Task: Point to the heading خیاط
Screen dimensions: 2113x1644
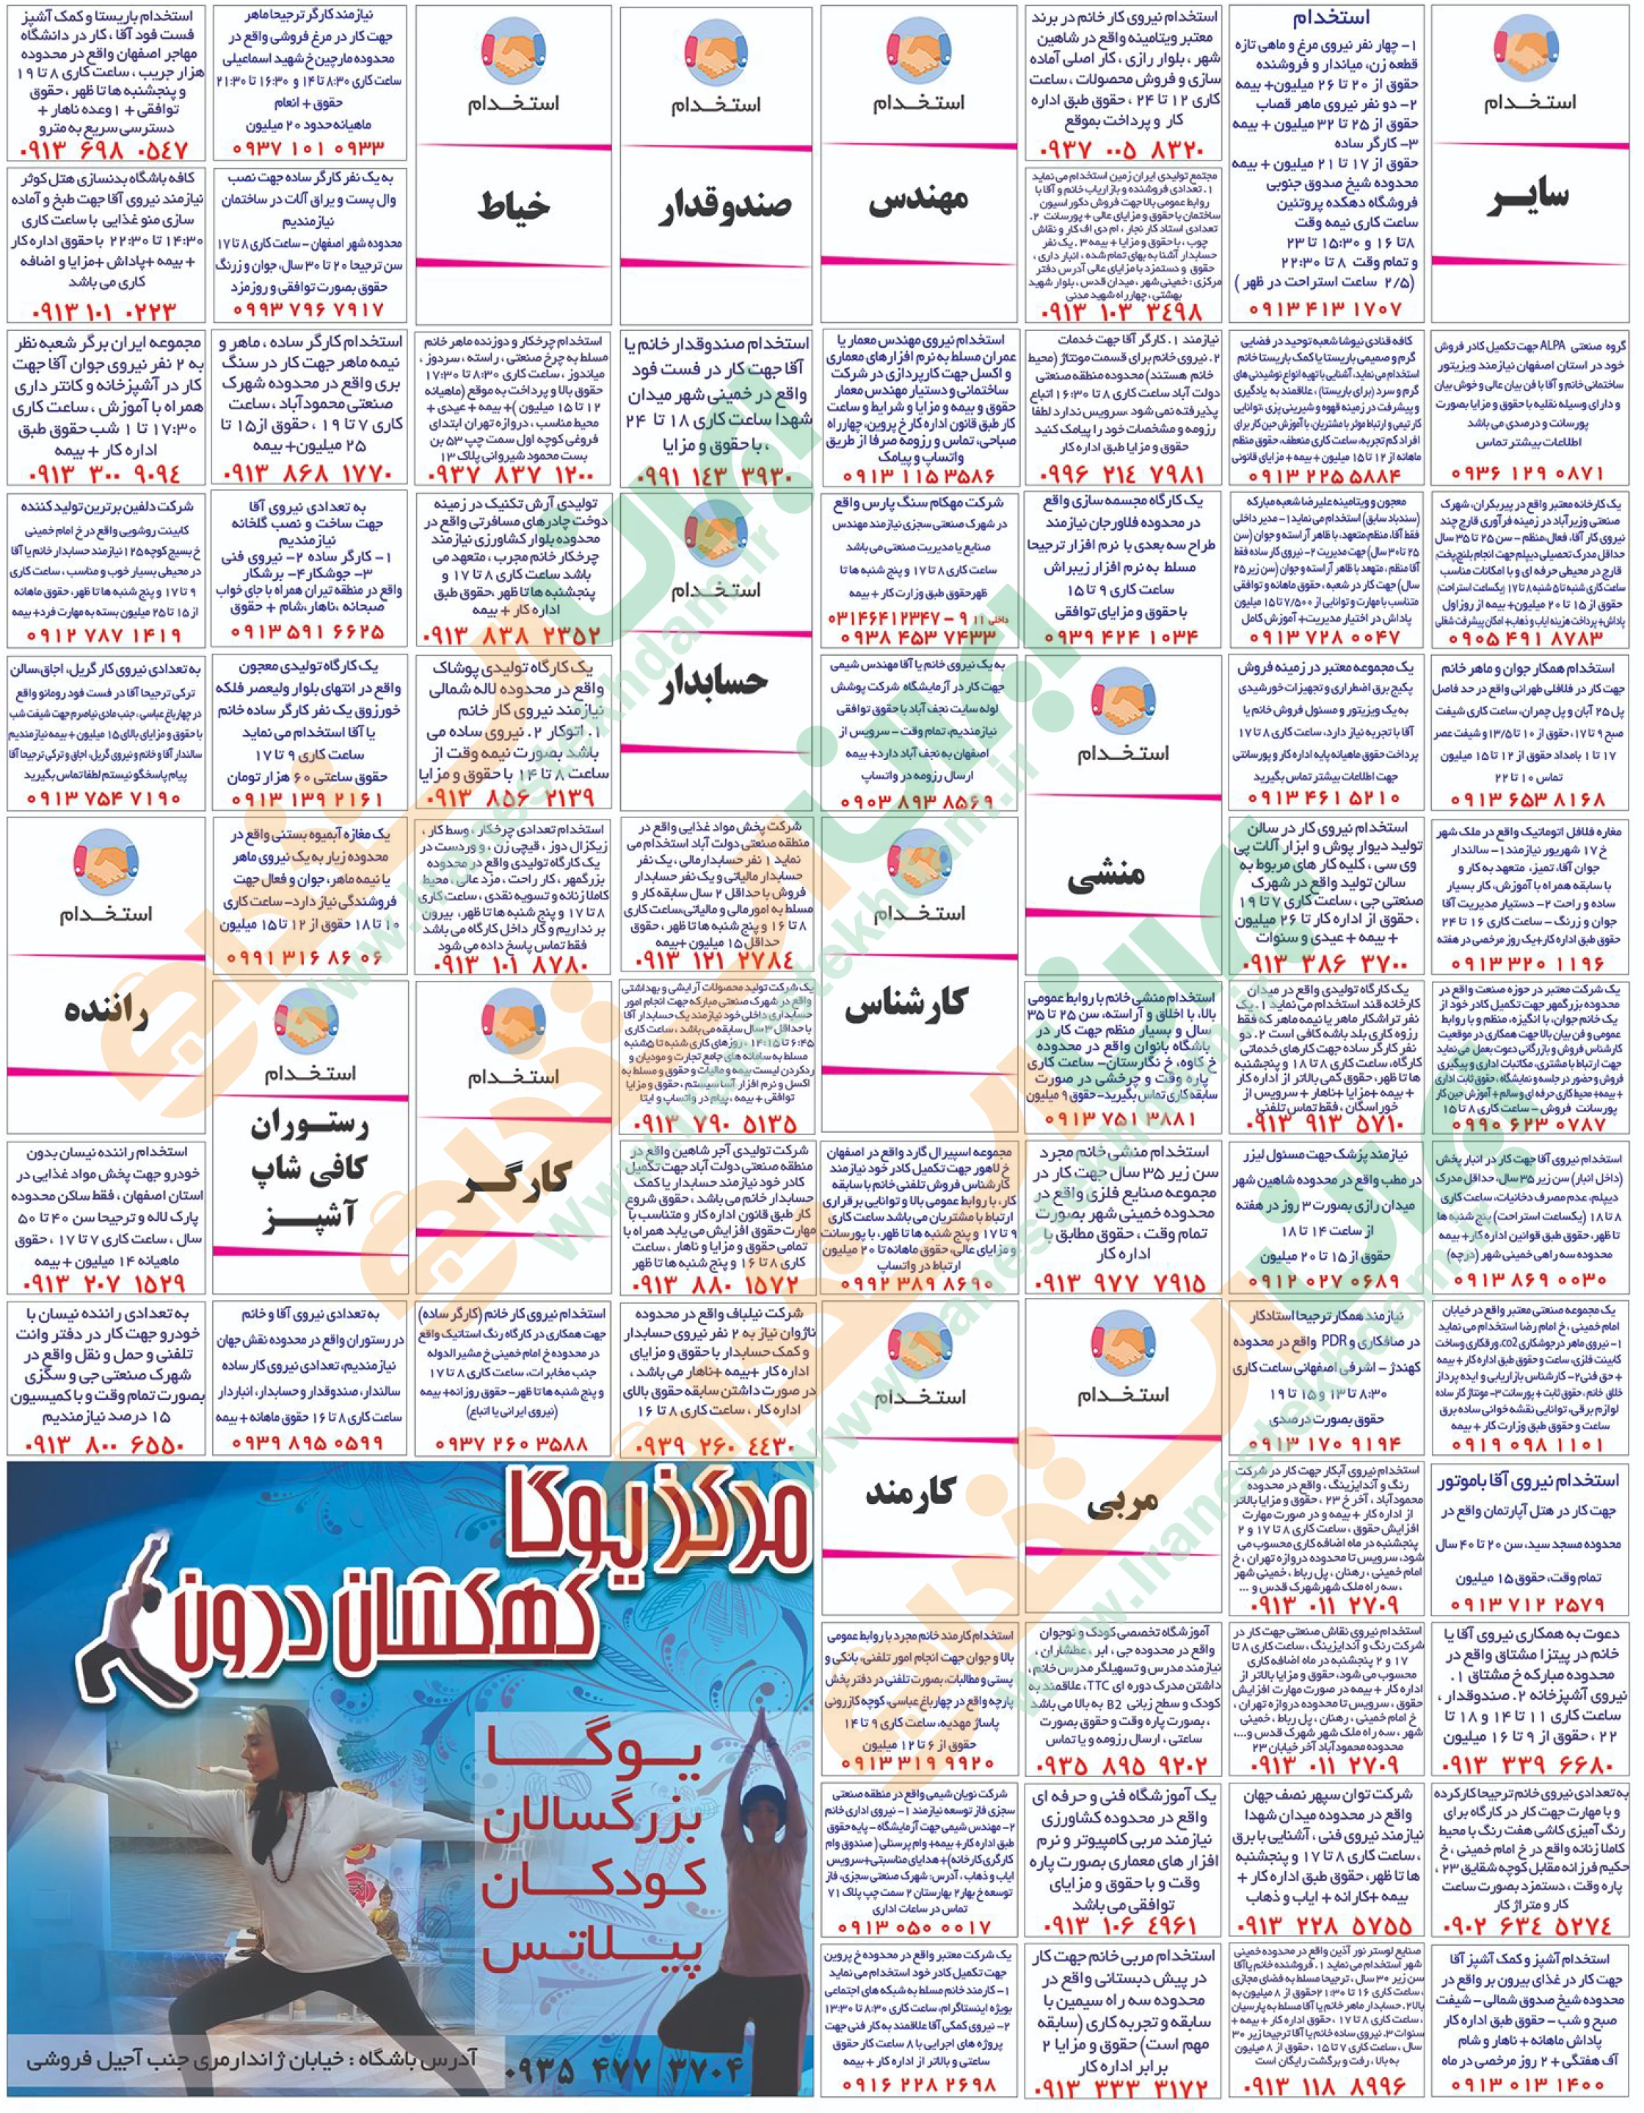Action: [x=512, y=206]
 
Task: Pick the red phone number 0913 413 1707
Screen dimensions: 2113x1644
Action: [x=1325, y=310]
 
